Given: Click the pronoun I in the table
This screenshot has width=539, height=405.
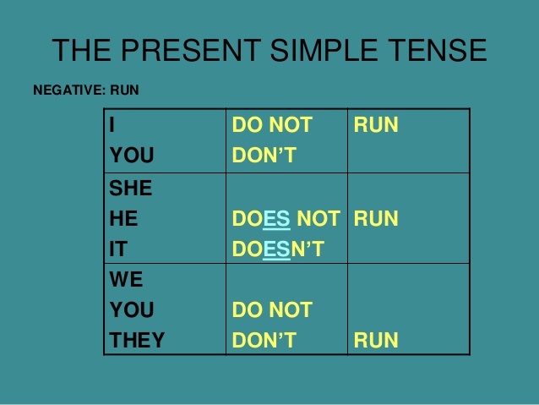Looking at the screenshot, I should (112, 126).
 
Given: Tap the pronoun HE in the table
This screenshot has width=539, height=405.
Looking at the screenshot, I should (123, 219).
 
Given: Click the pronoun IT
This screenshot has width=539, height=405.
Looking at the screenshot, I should (118, 249).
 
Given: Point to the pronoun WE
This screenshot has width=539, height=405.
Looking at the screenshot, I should (127, 280).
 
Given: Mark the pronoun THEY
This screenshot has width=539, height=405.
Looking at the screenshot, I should (137, 341).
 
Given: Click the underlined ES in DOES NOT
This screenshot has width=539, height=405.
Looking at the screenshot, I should (276, 219).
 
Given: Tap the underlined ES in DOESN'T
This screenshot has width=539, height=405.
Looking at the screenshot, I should (276, 249).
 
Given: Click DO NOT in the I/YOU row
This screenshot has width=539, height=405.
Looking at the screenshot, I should (272, 126).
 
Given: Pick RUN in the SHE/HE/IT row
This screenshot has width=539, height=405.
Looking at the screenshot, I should (376, 219).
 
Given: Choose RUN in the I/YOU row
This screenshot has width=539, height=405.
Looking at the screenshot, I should (376, 126).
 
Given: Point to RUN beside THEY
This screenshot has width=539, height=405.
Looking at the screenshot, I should (376, 341).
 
